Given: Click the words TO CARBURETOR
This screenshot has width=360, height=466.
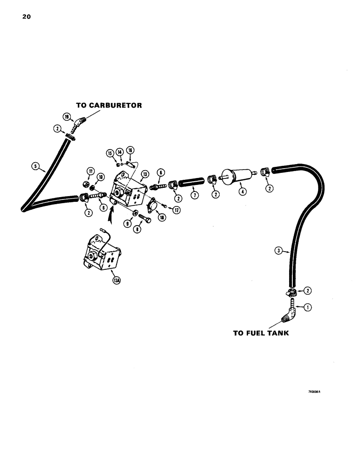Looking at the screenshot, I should pyautogui.click(x=109, y=105).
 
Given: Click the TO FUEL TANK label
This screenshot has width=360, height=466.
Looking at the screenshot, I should pyautogui.click(x=261, y=333).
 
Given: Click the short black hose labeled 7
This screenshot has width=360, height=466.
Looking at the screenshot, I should pyautogui.click(x=192, y=179).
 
